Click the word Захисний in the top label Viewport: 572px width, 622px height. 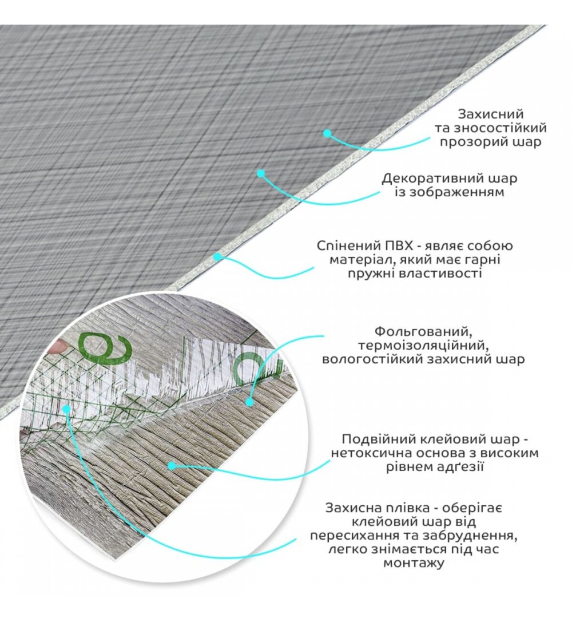coord(491,114)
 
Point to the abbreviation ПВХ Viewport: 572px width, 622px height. coord(393,245)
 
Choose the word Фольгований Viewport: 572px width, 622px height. coord(423,331)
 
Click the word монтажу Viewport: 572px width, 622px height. coord(414,563)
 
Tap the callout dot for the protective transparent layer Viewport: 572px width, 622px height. coord(327,133)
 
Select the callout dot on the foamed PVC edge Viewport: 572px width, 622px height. coord(217,257)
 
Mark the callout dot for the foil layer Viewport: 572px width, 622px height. coord(249,402)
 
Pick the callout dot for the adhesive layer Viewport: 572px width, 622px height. coord(171,466)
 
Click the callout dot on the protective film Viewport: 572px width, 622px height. coord(66,408)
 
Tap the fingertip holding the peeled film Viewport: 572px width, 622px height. coord(58,347)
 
